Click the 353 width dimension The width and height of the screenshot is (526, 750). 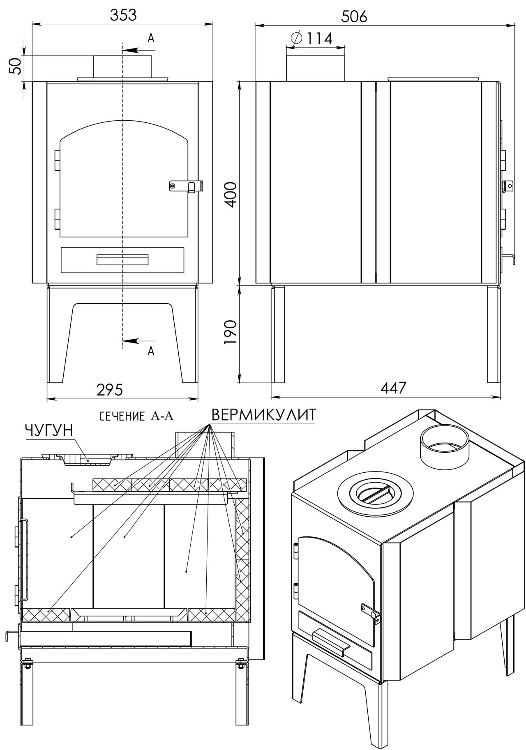(x=123, y=15)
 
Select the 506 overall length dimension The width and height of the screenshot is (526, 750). (x=354, y=16)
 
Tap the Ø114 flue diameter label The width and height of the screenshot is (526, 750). (x=311, y=38)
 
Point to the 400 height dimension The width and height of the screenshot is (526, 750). (x=231, y=194)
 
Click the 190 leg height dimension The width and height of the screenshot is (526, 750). (x=231, y=332)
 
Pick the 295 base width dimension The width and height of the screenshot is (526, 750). (x=110, y=389)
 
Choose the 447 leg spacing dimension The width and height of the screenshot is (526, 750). (x=393, y=387)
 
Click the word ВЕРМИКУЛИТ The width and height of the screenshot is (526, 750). (x=264, y=415)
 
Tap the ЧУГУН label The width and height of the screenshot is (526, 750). (x=49, y=430)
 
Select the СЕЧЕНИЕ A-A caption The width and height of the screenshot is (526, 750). (x=136, y=416)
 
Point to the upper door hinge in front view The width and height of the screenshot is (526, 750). (x=57, y=160)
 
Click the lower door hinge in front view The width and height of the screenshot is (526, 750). (x=57, y=219)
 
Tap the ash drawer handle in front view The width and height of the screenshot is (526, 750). (x=122, y=260)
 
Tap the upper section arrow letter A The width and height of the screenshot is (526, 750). (x=151, y=38)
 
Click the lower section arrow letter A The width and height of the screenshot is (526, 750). (x=151, y=351)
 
